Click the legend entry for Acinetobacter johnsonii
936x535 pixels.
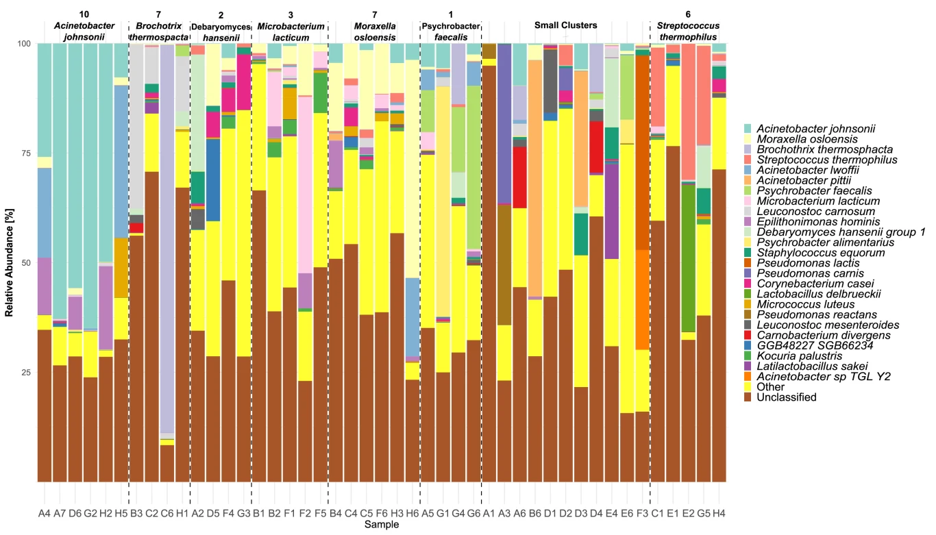tap(815, 129)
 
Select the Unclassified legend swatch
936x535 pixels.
tap(748, 397)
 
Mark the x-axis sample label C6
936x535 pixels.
tap(167, 513)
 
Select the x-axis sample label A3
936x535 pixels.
tap(504, 513)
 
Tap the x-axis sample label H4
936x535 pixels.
tap(719, 513)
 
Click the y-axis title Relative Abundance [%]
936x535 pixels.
tap(10, 263)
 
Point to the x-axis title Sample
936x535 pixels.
tap(382, 525)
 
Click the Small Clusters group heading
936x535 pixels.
tap(565, 25)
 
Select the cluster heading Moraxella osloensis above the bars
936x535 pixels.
tap(374, 32)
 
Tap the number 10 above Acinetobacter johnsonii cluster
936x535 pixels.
tap(84, 14)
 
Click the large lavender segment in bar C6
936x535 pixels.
tap(167, 240)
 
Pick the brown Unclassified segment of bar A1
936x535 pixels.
tap(489, 274)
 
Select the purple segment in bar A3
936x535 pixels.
tap(504, 123)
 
